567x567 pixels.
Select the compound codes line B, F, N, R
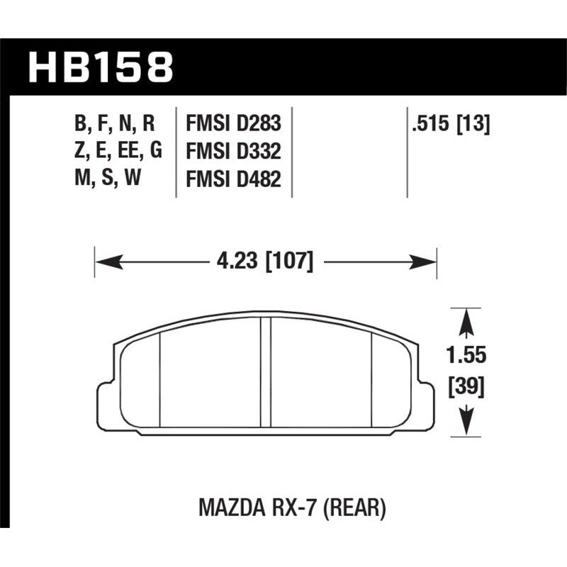point(113,125)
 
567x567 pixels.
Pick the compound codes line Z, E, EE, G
point(113,152)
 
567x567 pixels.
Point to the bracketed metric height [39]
point(468,388)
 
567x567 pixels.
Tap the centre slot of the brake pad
point(266,372)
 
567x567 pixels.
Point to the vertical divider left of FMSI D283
point(176,152)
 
